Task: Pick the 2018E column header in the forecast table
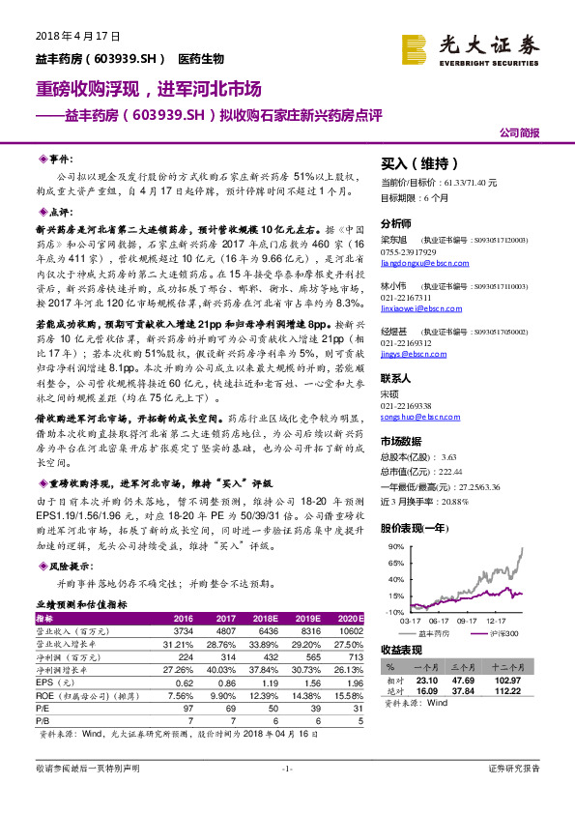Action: [267, 617]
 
